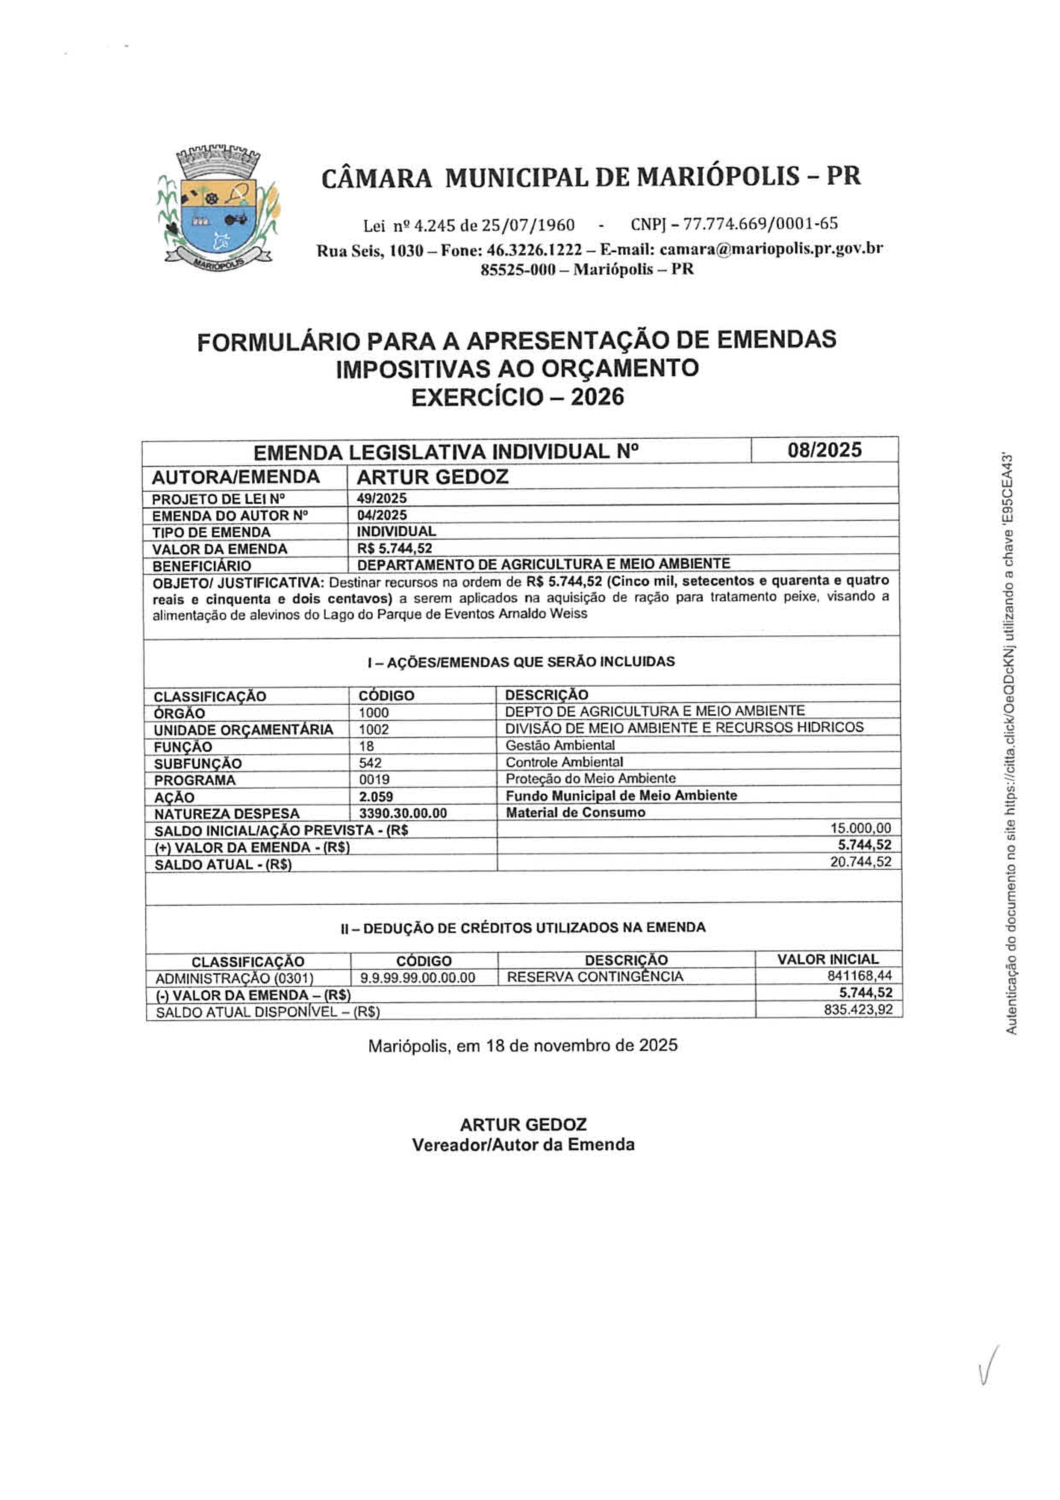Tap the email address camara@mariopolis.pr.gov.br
coord(771,249)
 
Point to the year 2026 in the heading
coord(597,396)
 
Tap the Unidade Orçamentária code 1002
coord(374,729)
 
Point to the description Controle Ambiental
coord(564,762)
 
